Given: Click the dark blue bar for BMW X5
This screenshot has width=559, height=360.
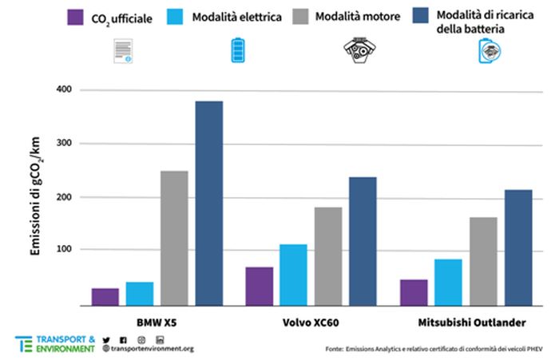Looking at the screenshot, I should (x=209, y=204).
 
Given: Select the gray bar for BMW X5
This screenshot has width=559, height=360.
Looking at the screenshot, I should (x=174, y=238).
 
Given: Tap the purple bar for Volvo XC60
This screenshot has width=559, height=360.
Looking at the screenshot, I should (x=259, y=286).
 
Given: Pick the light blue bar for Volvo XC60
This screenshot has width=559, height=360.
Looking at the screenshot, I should (x=293, y=275).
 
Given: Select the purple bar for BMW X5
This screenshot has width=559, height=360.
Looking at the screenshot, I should (x=105, y=296).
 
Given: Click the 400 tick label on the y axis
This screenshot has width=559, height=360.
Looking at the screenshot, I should (x=64, y=90).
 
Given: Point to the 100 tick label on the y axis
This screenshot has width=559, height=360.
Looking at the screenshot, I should (x=64, y=250).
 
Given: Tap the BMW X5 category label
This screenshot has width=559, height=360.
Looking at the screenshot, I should (x=157, y=322).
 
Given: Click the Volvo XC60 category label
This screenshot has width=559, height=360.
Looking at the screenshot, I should (x=311, y=322).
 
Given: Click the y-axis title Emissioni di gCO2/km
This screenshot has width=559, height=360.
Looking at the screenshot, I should (x=36, y=197).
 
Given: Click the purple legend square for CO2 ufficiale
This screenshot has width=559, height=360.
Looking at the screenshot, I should (x=77, y=17).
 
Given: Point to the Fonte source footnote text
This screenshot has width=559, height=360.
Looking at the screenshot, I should (x=438, y=349).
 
